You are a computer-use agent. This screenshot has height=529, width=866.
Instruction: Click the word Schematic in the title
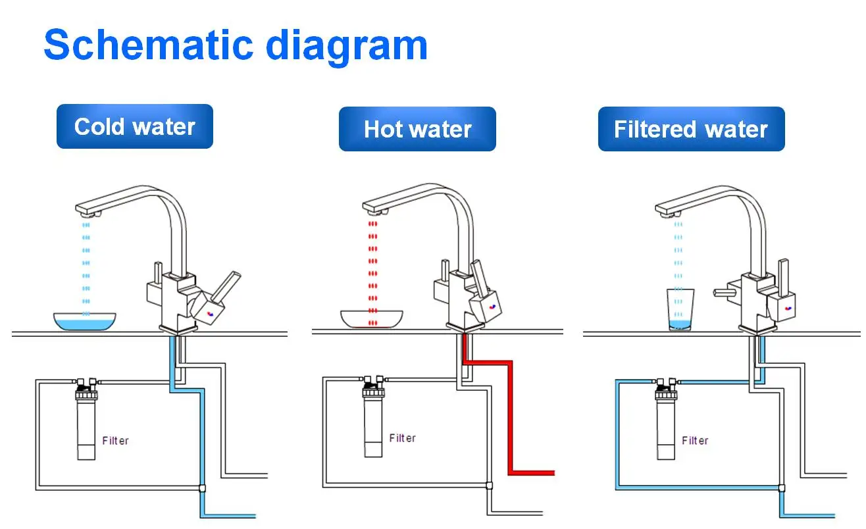tap(149, 45)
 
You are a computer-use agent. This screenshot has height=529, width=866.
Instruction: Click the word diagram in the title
tap(347, 48)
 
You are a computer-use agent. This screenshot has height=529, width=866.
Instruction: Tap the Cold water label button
tap(134, 126)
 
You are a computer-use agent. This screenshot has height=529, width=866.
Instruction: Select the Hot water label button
tap(417, 129)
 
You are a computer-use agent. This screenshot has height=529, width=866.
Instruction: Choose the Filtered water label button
tap(691, 129)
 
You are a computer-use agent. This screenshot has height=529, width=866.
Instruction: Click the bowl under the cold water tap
tap(85, 322)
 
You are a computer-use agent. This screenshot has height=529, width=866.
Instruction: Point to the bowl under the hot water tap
tap(372, 319)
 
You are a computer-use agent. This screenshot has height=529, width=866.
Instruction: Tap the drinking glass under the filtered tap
tap(680, 309)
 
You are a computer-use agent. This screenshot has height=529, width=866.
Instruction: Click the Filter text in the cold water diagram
tap(115, 441)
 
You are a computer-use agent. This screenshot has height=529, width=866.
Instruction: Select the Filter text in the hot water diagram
tap(403, 438)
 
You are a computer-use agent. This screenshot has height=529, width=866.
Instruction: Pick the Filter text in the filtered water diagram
tap(695, 441)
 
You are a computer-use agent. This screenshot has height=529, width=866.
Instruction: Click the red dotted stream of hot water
tap(372, 273)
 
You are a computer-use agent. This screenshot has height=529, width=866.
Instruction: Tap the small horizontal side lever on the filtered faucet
tap(725, 293)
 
